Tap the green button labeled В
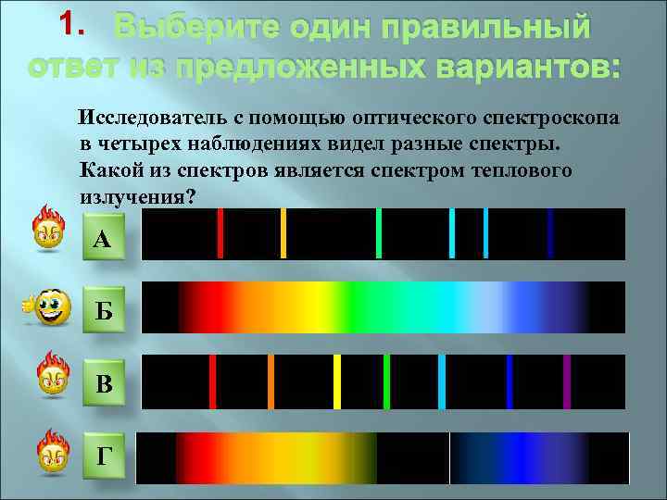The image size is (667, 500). coord(103,382)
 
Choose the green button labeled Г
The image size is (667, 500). coord(103,455)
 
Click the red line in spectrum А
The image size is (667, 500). coord(220,233)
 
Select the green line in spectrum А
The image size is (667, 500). coord(379,233)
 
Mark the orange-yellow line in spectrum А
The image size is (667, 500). coord(283,233)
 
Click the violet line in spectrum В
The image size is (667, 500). coord(567,381)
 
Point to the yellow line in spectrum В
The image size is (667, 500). coord(337,381)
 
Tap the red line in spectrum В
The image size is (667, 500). coord(212,381)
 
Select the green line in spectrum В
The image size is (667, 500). coord(386,381)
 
